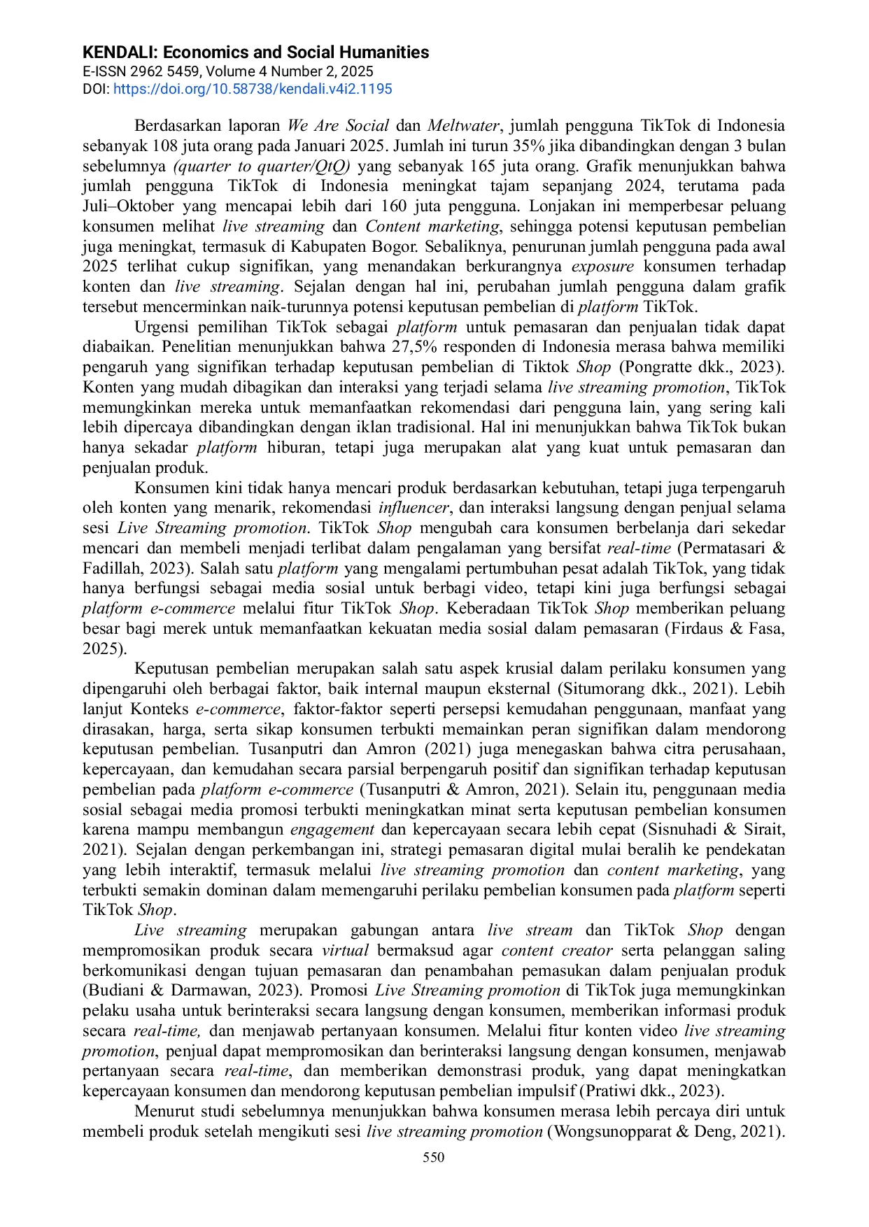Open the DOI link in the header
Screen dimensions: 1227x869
click(253, 89)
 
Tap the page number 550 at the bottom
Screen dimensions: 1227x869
click(434, 1157)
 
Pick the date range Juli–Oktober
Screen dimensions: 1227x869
click(128, 206)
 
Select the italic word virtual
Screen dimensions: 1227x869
click(345, 951)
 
